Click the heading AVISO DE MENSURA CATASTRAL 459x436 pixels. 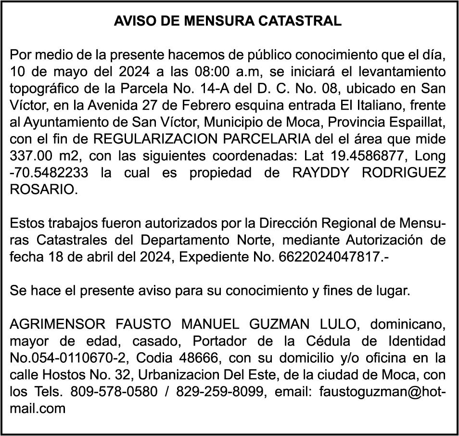click(228, 22)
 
